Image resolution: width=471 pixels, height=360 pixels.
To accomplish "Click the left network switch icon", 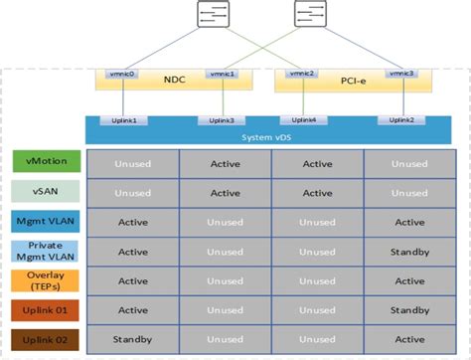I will [214, 15].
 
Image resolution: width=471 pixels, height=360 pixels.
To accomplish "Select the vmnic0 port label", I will [123, 74].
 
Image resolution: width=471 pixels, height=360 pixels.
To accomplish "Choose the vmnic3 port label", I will [400, 74].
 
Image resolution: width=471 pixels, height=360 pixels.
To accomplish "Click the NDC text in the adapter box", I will [173, 81].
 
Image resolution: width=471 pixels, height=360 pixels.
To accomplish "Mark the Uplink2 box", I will [401, 120].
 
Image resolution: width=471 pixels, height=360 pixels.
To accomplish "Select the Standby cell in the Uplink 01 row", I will [409, 310].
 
